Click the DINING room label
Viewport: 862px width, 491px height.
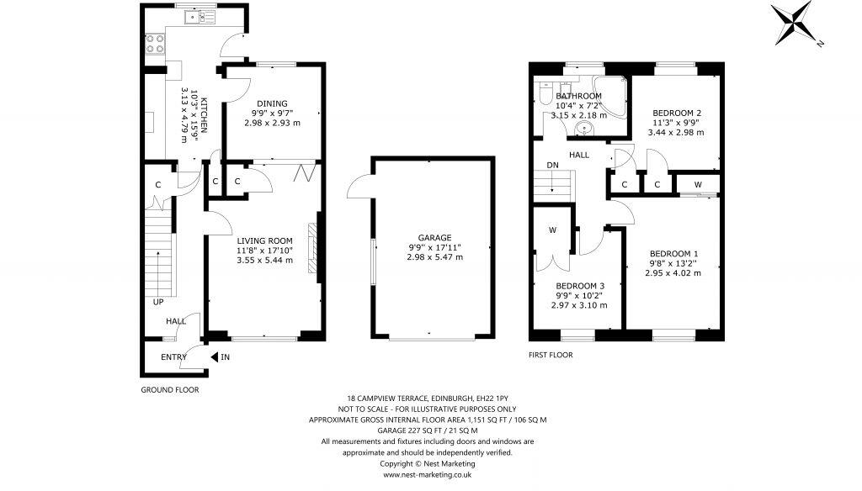coord(272,103)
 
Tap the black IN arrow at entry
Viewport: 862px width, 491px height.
coord(215,357)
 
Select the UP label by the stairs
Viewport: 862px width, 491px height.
coord(157,302)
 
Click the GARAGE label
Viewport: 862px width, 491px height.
coord(434,237)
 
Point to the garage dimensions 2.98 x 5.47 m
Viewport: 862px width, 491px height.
coord(434,257)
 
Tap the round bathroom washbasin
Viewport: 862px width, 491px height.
coord(585,129)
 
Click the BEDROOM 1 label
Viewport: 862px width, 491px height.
coord(673,253)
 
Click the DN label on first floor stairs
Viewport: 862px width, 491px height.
coord(552,165)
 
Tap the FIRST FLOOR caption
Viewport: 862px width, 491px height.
coord(551,355)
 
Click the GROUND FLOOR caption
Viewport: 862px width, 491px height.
coord(169,390)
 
